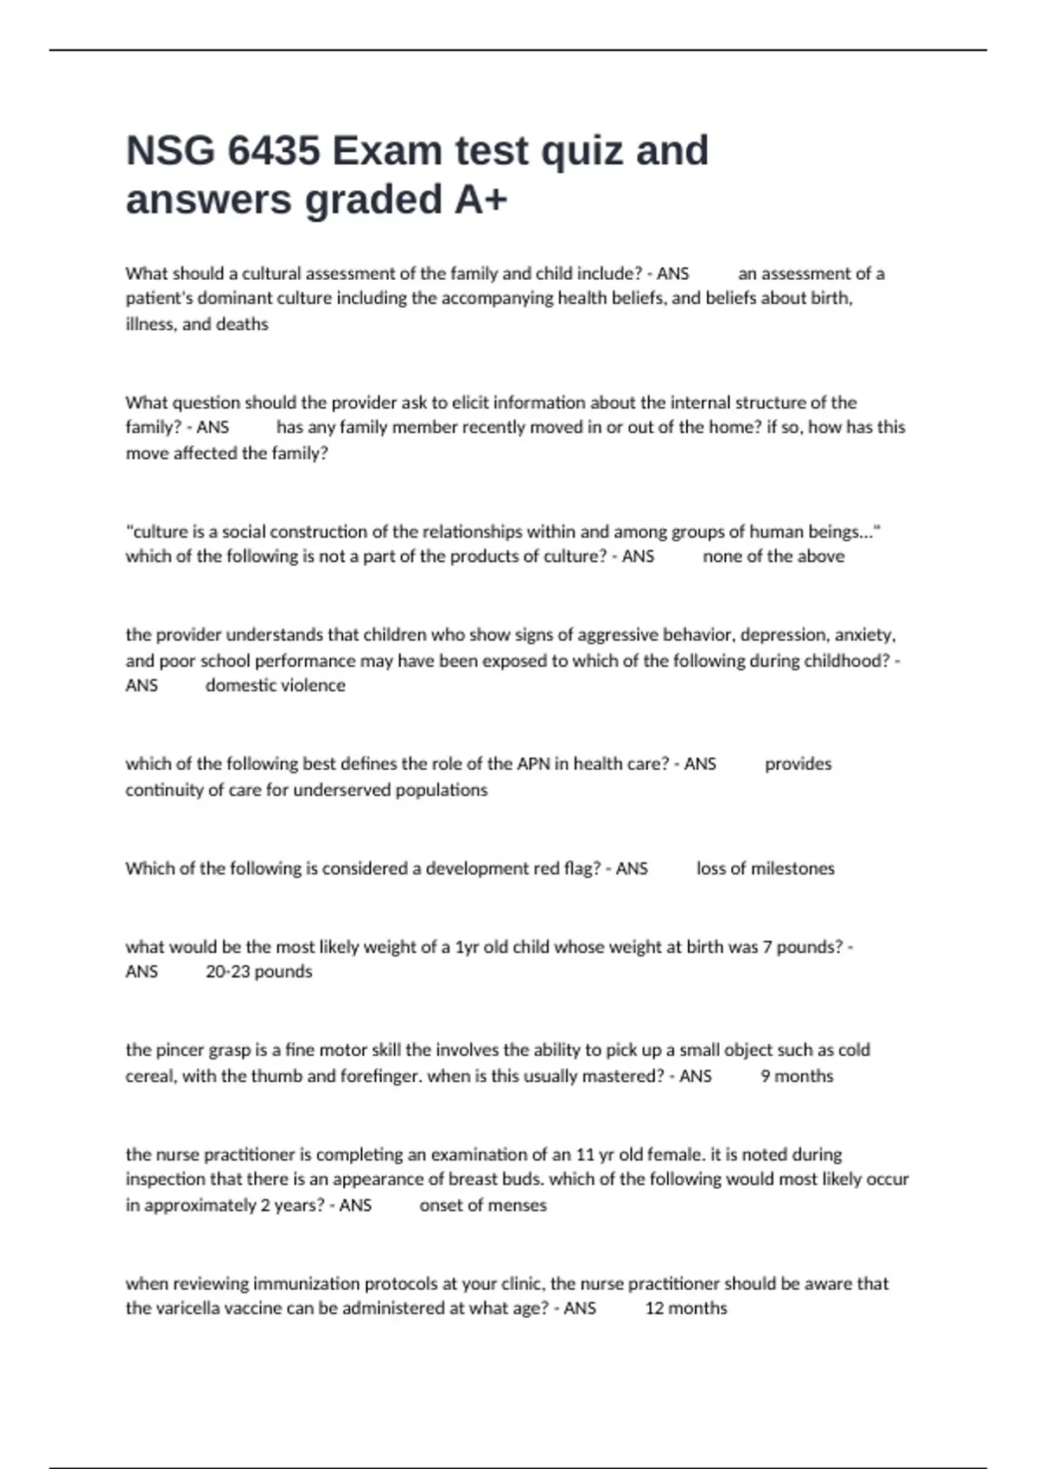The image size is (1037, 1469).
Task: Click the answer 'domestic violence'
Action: click(275, 685)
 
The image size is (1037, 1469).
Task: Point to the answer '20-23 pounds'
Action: click(258, 971)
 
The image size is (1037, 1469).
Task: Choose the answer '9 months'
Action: click(797, 1076)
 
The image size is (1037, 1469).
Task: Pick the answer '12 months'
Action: click(686, 1308)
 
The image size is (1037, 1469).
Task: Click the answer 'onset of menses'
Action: click(483, 1205)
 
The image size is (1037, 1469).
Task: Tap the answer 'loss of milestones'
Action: click(766, 868)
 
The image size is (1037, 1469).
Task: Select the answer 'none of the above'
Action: click(773, 556)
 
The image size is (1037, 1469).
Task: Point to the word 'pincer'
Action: click(181, 1050)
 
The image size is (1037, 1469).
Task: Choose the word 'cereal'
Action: click(150, 1076)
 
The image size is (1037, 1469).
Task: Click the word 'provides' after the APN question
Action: click(798, 764)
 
